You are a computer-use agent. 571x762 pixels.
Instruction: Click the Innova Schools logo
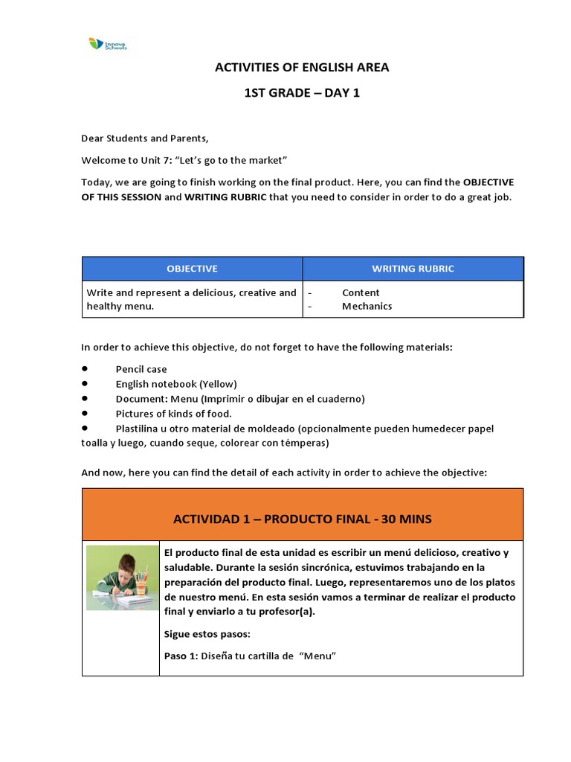(x=107, y=45)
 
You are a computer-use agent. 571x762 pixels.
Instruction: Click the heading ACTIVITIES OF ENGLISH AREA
(x=302, y=68)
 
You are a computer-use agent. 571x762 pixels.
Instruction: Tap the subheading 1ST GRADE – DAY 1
(x=302, y=93)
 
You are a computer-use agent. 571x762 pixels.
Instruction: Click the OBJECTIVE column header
(x=192, y=269)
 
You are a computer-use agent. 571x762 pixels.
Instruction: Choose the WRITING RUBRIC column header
(x=413, y=269)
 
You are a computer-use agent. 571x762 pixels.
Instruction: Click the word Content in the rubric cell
(x=361, y=293)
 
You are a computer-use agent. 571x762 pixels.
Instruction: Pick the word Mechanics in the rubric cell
(x=367, y=307)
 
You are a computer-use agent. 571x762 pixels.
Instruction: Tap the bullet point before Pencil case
(x=85, y=368)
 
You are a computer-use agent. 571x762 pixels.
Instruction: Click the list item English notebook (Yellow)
(x=175, y=384)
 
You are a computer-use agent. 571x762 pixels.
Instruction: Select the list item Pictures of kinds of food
(x=174, y=414)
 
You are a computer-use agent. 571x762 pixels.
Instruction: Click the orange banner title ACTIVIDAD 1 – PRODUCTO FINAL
(x=303, y=519)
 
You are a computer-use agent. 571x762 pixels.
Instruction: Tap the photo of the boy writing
(x=120, y=577)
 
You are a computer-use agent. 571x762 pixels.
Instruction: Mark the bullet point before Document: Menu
(x=85, y=398)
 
